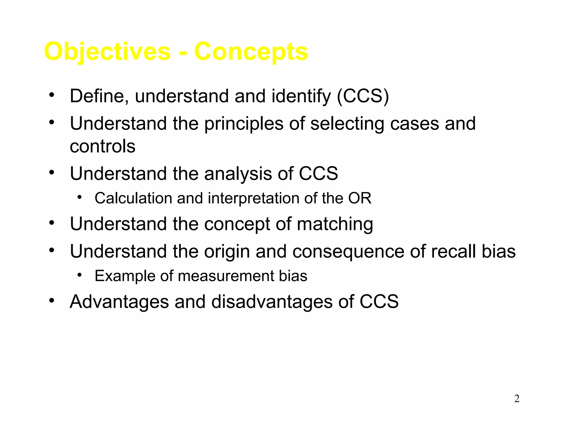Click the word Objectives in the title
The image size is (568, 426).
(107, 52)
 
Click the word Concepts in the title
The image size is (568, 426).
(251, 52)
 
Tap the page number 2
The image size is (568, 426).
(517, 399)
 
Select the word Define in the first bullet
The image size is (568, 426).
(99, 96)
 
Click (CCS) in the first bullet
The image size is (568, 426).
(363, 96)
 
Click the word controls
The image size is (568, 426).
(103, 146)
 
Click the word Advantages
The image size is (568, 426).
(119, 302)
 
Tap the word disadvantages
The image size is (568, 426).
(272, 302)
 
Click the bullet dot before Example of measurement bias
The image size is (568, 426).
(80, 275)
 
